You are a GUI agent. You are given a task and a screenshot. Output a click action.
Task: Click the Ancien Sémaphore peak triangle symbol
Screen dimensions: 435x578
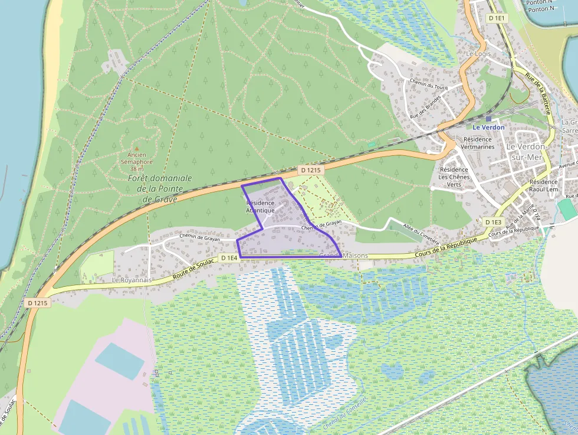137,148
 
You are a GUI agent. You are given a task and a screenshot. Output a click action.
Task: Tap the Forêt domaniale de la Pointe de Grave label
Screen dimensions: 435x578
160,188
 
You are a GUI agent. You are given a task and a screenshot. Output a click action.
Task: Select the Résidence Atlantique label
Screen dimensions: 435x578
260,206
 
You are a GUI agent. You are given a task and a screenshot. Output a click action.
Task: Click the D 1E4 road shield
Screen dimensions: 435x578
229,258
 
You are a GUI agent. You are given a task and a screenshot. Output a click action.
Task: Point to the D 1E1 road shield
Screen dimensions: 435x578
498,18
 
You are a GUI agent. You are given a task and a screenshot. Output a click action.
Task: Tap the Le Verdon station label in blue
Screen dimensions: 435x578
488,127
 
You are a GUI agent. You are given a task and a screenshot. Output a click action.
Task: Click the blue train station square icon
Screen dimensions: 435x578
488,119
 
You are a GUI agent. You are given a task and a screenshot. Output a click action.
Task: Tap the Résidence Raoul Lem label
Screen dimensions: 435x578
543,185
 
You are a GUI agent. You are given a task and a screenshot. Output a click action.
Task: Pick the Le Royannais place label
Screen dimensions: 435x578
132,280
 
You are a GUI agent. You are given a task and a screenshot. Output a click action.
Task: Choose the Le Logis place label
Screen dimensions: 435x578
478,54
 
